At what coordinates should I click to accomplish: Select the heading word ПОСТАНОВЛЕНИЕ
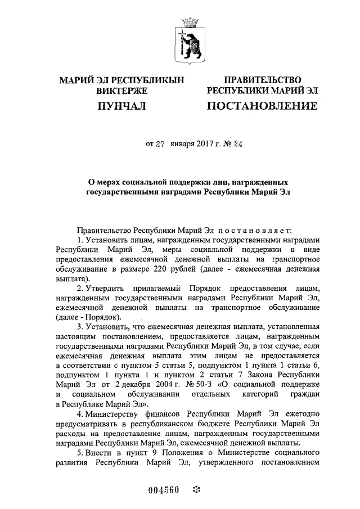262,105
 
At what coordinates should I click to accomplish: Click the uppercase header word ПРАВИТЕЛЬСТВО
263,80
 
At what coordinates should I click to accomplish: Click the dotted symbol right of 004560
196,488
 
